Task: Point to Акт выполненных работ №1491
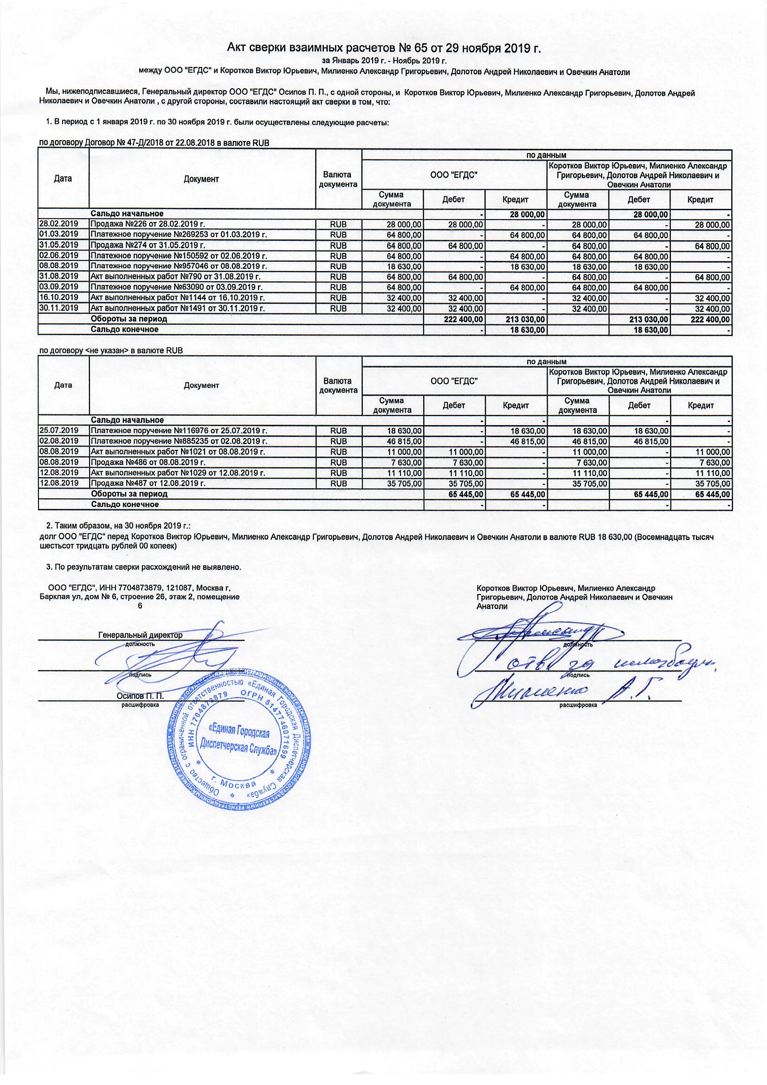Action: (177, 308)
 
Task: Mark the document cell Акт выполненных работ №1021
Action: (177, 452)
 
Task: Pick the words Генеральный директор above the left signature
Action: (140, 635)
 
